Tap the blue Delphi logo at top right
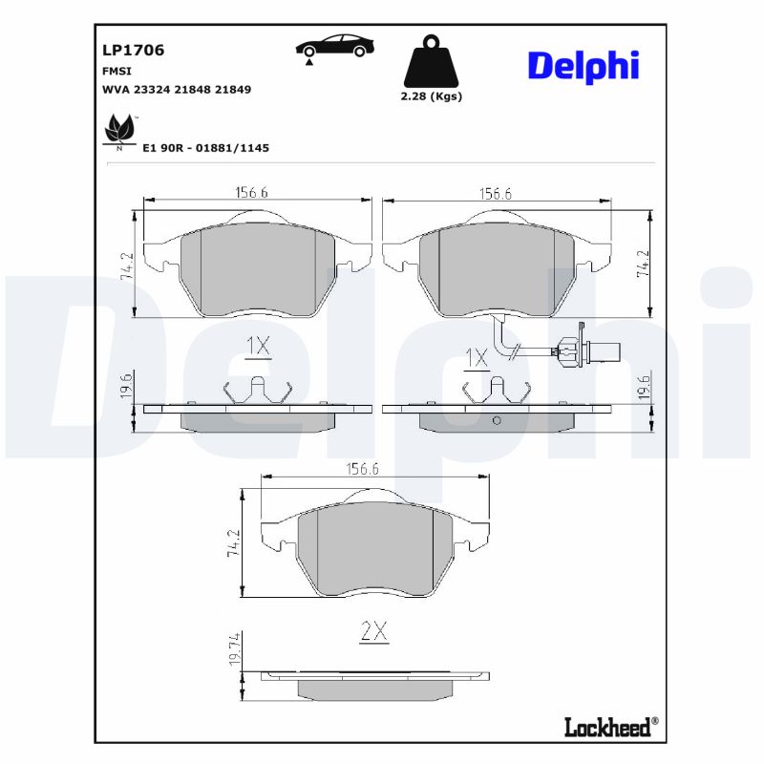[583, 66]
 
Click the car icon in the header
[334, 47]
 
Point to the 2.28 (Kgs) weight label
[432, 96]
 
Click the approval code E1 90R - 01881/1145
[205, 148]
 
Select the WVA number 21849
[232, 89]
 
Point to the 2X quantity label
[373, 631]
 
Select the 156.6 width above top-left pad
[251, 192]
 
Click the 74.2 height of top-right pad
[643, 264]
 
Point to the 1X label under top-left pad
[259, 347]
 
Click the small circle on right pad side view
[496, 421]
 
